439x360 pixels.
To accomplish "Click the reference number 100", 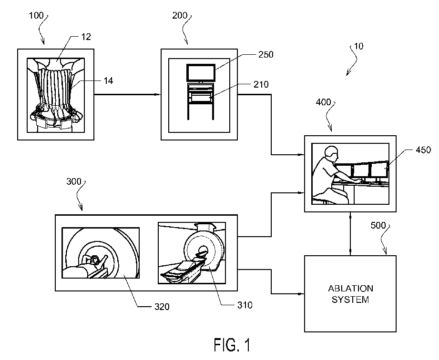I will coord(36,16).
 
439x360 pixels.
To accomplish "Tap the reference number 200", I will coord(179,16).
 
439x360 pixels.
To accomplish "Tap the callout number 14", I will coord(108,81).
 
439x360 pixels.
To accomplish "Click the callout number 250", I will coord(266,54).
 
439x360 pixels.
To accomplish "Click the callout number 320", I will coord(162,307).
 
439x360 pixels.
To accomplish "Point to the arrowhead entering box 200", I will coord(159,94).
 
